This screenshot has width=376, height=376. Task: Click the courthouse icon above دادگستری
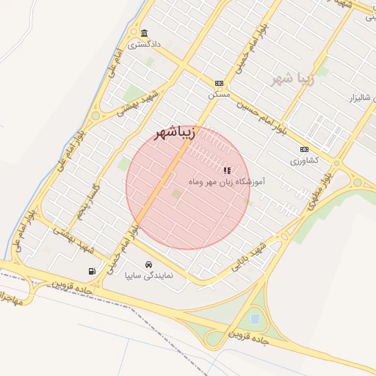click(144, 34)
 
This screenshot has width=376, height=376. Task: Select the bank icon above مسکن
click(219, 84)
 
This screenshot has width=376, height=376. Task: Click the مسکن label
click(219, 95)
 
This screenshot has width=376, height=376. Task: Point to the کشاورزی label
click(304, 160)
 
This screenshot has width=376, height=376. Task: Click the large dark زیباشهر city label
click(174, 133)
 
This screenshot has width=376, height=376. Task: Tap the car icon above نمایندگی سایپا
click(149, 264)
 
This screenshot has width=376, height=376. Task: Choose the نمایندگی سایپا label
click(149, 276)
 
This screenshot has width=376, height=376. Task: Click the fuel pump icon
click(92, 271)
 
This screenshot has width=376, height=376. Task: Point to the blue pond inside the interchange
click(254, 319)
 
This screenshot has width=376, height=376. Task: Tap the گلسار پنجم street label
click(77, 202)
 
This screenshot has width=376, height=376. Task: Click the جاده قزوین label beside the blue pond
click(252, 339)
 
